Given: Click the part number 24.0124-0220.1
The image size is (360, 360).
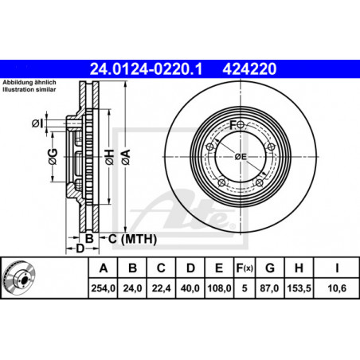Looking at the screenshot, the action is (146, 69).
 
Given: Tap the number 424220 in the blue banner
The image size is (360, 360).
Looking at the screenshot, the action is (249, 69).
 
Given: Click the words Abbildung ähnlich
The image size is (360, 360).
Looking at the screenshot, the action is (29, 82).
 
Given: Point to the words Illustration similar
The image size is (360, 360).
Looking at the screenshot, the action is (29, 89).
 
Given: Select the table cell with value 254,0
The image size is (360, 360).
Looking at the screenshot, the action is (104, 288).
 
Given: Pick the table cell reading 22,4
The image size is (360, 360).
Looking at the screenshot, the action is (161, 288).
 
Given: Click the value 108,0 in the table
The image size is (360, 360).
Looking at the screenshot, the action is (219, 288).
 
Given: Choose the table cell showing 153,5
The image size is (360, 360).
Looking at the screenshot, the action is (299, 288).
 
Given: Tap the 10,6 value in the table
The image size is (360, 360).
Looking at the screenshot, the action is (337, 288).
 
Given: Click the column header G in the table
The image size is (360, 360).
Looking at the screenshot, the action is (270, 268).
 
